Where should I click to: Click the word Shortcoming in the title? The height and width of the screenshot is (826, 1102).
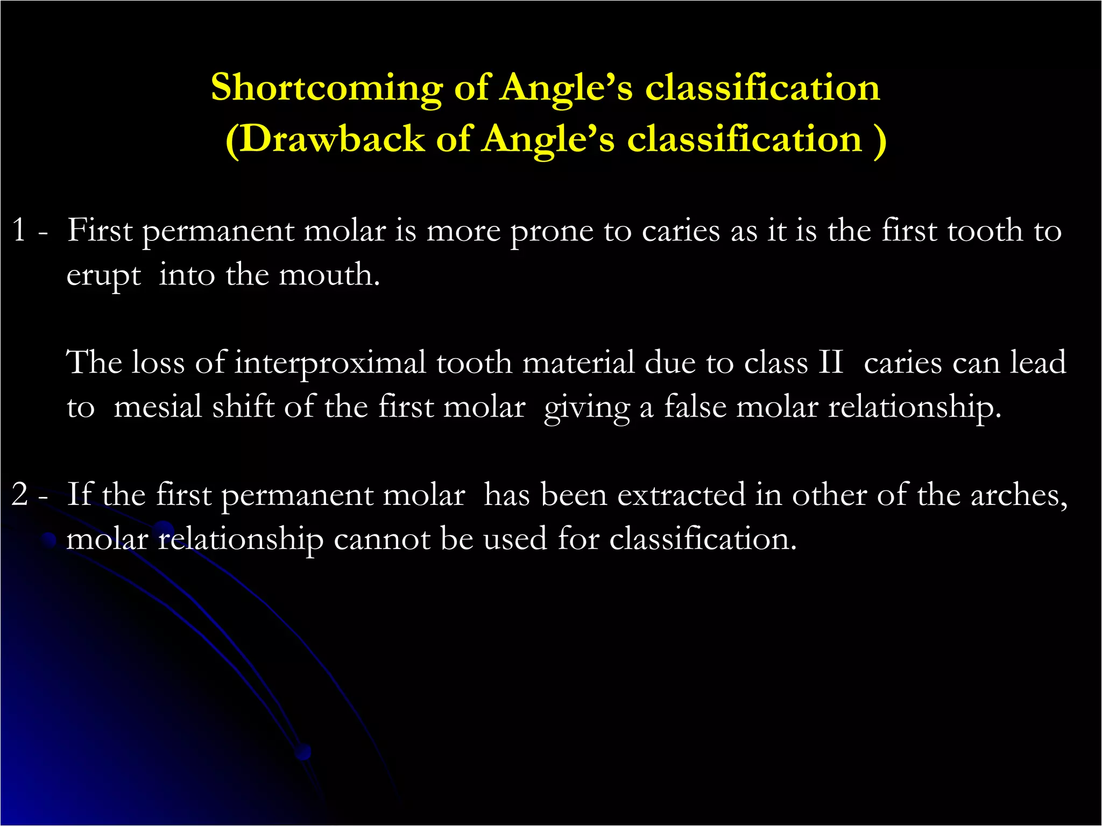(326, 88)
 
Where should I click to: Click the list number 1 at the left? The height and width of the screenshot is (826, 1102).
(19, 230)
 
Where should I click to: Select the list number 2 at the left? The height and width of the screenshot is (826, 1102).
(20, 494)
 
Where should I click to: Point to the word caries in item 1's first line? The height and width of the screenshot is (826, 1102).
(681, 231)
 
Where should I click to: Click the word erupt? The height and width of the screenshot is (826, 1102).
(103, 276)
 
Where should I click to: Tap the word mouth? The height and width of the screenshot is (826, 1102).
(329, 275)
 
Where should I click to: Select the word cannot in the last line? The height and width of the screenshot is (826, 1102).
(382, 539)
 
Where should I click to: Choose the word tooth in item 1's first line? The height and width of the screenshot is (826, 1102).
(985, 231)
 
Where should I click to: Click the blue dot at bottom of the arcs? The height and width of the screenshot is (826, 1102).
(303, 752)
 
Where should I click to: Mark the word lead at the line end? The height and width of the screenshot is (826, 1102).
(1038, 362)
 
